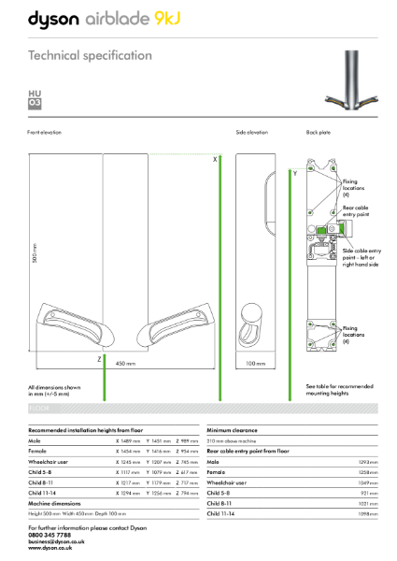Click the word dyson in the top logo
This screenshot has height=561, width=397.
coord(57,18)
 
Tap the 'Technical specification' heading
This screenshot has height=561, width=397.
coord(90,55)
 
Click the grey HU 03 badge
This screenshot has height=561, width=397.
coord(35,99)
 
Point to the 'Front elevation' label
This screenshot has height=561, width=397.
coord(44,133)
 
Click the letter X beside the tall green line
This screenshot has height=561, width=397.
coord(215,160)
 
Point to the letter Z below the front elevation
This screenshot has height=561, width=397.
coord(98,358)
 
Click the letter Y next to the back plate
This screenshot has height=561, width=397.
coord(295,173)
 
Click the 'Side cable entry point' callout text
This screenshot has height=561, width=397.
coord(361,255)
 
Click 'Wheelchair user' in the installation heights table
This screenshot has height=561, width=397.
coord(51,461)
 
